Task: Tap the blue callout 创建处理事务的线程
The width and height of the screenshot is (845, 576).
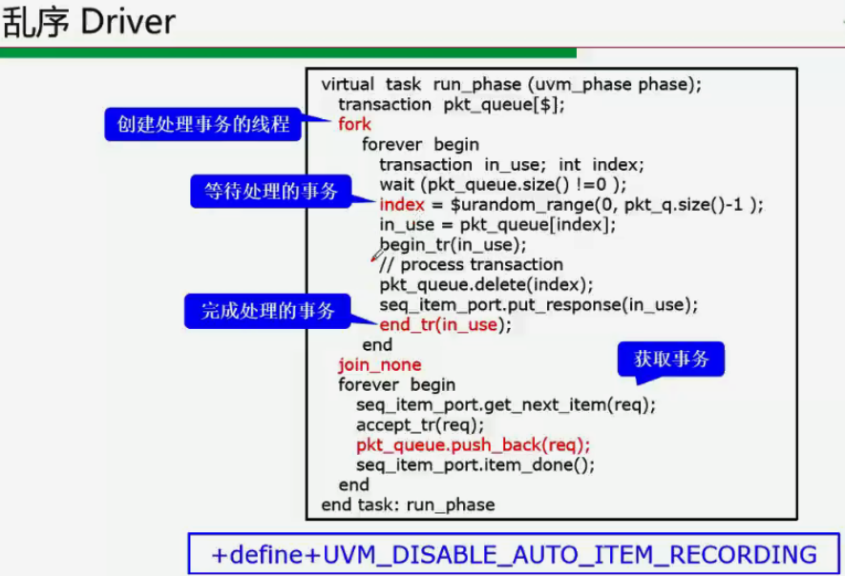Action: (203, 124)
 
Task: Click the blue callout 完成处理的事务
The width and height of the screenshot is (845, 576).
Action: (267, 311)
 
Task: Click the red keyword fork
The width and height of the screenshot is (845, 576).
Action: (354, 125)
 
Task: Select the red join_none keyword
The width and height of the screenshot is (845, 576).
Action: (379, 365)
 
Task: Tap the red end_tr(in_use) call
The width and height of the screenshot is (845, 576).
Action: (439, 325)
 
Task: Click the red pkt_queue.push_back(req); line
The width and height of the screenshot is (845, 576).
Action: (474, 445)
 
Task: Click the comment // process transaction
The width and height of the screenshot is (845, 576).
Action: (471, 265)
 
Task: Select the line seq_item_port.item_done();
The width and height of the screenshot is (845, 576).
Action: (475, 465)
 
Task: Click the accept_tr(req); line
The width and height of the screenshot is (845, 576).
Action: (420, 425)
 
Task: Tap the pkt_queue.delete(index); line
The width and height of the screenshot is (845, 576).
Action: (486, 285)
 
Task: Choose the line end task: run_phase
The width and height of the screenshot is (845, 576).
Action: (408, 505)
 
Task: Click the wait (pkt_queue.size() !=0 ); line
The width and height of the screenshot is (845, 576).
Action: (503, 185)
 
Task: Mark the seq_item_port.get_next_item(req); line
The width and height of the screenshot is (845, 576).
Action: (506, 405)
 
